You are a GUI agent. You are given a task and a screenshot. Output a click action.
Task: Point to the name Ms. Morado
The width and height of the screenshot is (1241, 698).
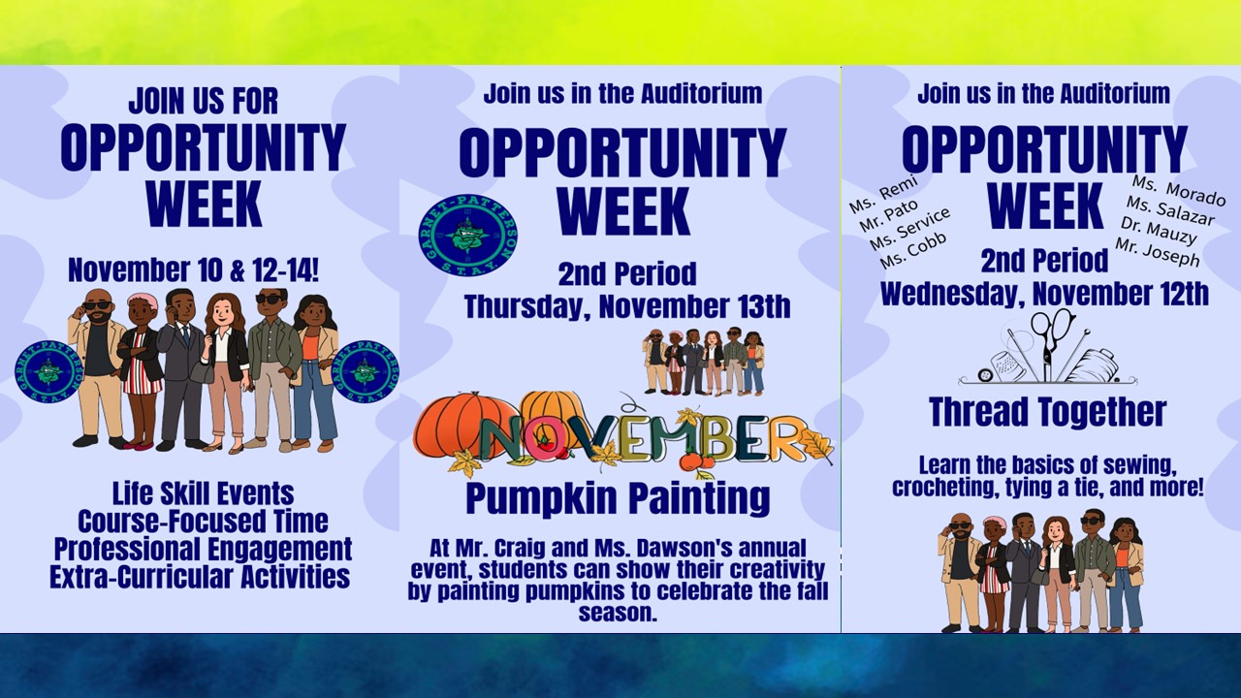[1178, 191]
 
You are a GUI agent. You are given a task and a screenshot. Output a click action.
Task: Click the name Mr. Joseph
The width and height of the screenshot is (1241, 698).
[1157, 252]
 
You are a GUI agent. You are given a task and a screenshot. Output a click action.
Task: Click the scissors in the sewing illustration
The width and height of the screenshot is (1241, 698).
[1052, 334]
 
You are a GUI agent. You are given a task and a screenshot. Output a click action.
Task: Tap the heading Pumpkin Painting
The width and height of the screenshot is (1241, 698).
[618, 498]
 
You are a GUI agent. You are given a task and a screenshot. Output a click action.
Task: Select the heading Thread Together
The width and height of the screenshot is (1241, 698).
[1047, 412]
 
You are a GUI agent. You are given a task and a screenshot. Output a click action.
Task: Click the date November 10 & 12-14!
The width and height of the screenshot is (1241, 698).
[203, 270]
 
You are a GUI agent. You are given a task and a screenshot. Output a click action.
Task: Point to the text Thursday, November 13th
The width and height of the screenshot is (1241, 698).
[626, 306]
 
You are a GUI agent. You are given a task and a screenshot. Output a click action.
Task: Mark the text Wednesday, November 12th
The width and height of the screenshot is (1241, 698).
[1044, 293]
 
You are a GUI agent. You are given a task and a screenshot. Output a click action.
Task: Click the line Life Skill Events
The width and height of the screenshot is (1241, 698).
[203, 492]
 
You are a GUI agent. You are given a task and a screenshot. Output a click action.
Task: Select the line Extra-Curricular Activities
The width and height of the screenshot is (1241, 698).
[201, 577]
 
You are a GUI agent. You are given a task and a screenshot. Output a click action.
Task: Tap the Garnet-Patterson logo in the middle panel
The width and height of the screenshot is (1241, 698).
[467, 234]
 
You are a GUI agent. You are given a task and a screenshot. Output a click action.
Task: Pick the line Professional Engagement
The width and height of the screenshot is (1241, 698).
[203, 549]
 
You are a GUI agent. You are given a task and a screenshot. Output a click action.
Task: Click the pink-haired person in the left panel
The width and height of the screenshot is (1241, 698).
[142, 368]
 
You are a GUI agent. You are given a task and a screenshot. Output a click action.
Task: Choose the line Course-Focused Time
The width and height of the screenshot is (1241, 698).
[203, 521]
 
